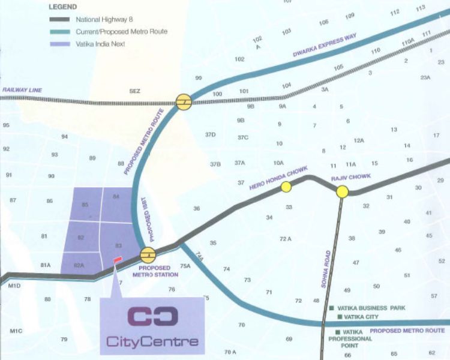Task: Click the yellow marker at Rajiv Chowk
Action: click(342, 192)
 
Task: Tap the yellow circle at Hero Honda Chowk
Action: click(286, 187)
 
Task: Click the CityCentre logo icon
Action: click(152, 315)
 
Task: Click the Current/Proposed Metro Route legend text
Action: click(122, 31)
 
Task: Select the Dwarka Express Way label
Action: click(325, 46)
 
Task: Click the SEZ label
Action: click(134, 91)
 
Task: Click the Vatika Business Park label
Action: click(372, 307)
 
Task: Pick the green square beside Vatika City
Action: click(340, 317)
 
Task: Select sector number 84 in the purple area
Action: click(116, 196)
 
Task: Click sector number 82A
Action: click(78, 265)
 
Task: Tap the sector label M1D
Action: click(15, 286)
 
